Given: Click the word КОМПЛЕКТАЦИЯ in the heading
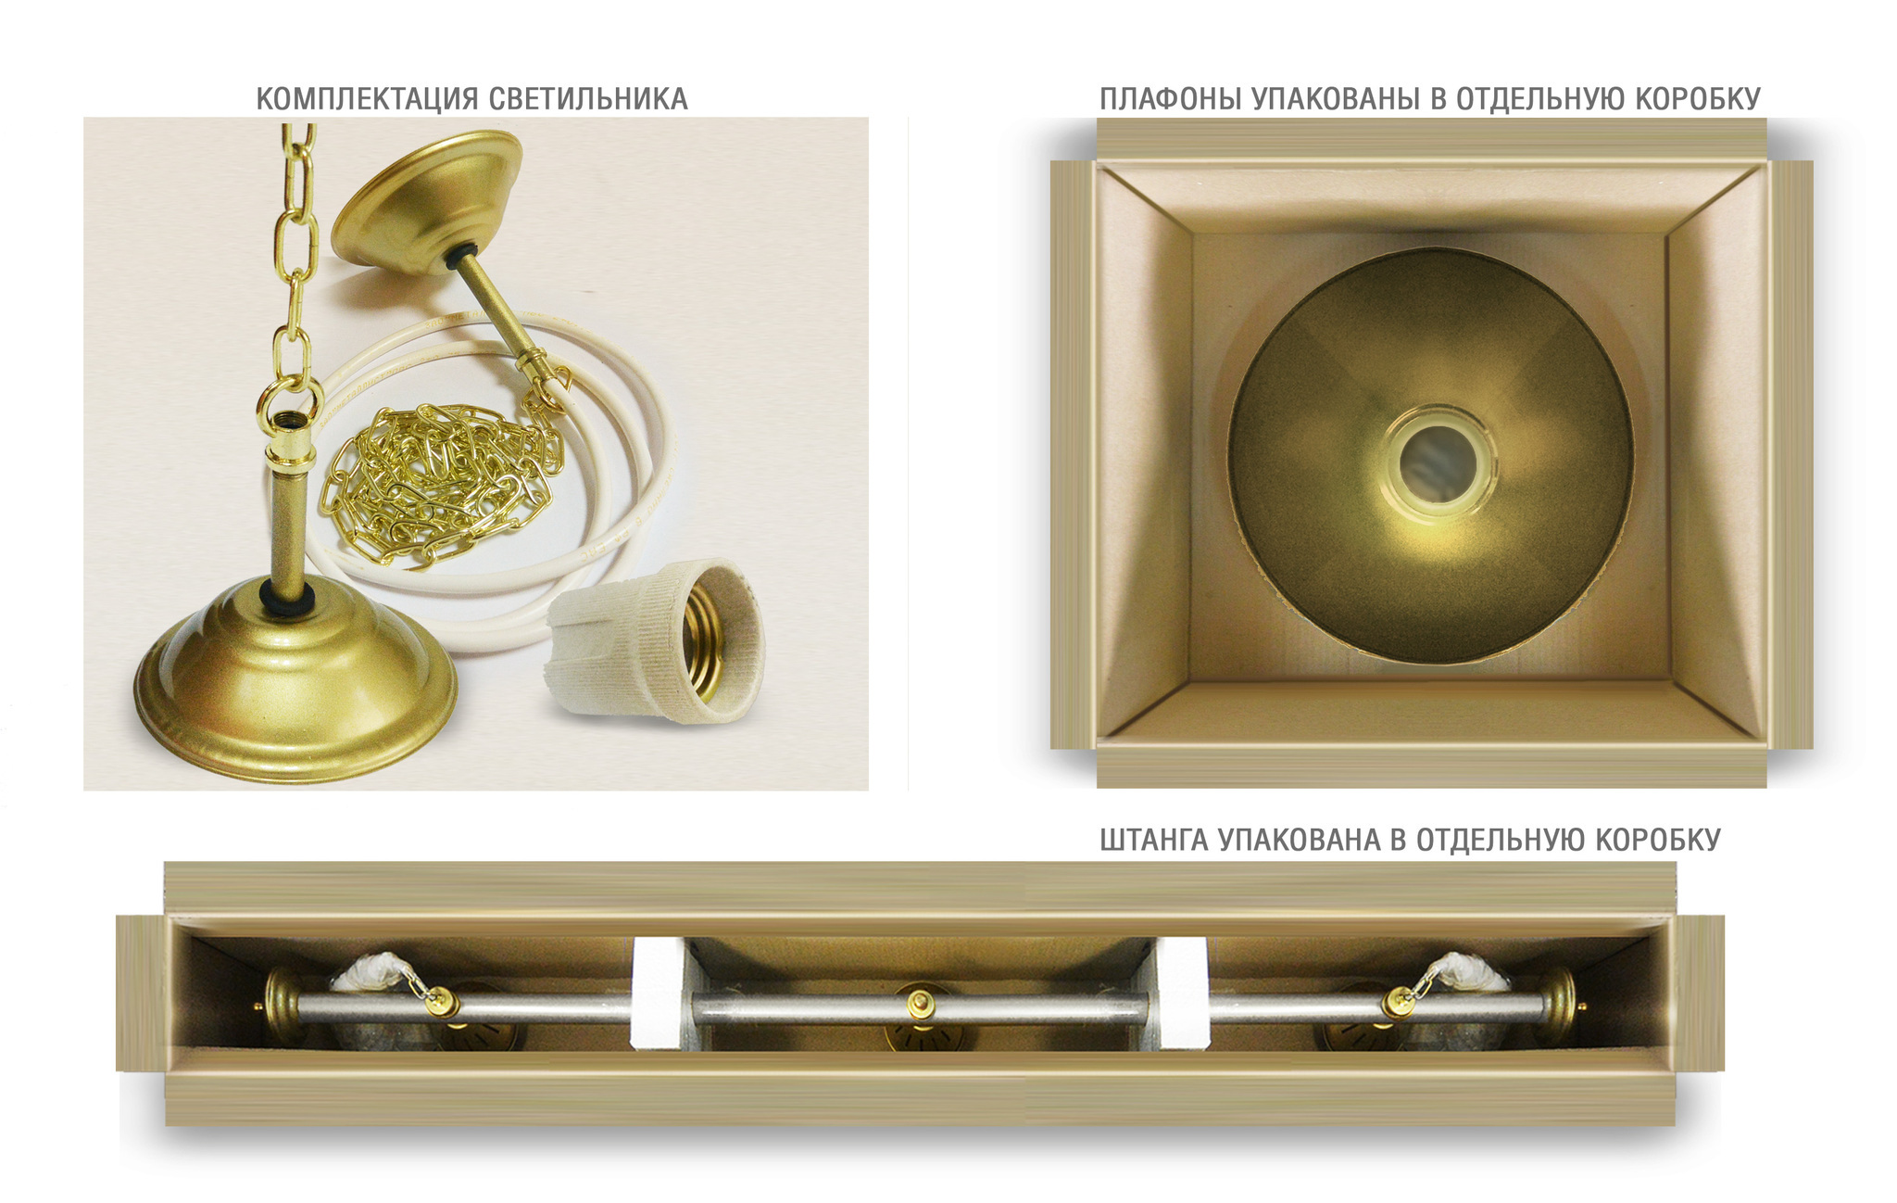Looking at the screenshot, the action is click(x=367, y=99).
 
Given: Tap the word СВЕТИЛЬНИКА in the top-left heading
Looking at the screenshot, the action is click(x=588, y=99).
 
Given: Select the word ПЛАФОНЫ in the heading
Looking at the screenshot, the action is click(x=1171, y=99).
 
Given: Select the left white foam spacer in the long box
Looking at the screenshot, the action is click(x=659, y=994).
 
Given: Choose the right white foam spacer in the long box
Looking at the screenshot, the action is click(x=1182, y=994).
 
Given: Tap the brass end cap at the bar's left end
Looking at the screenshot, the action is click(x=279, y=1006).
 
